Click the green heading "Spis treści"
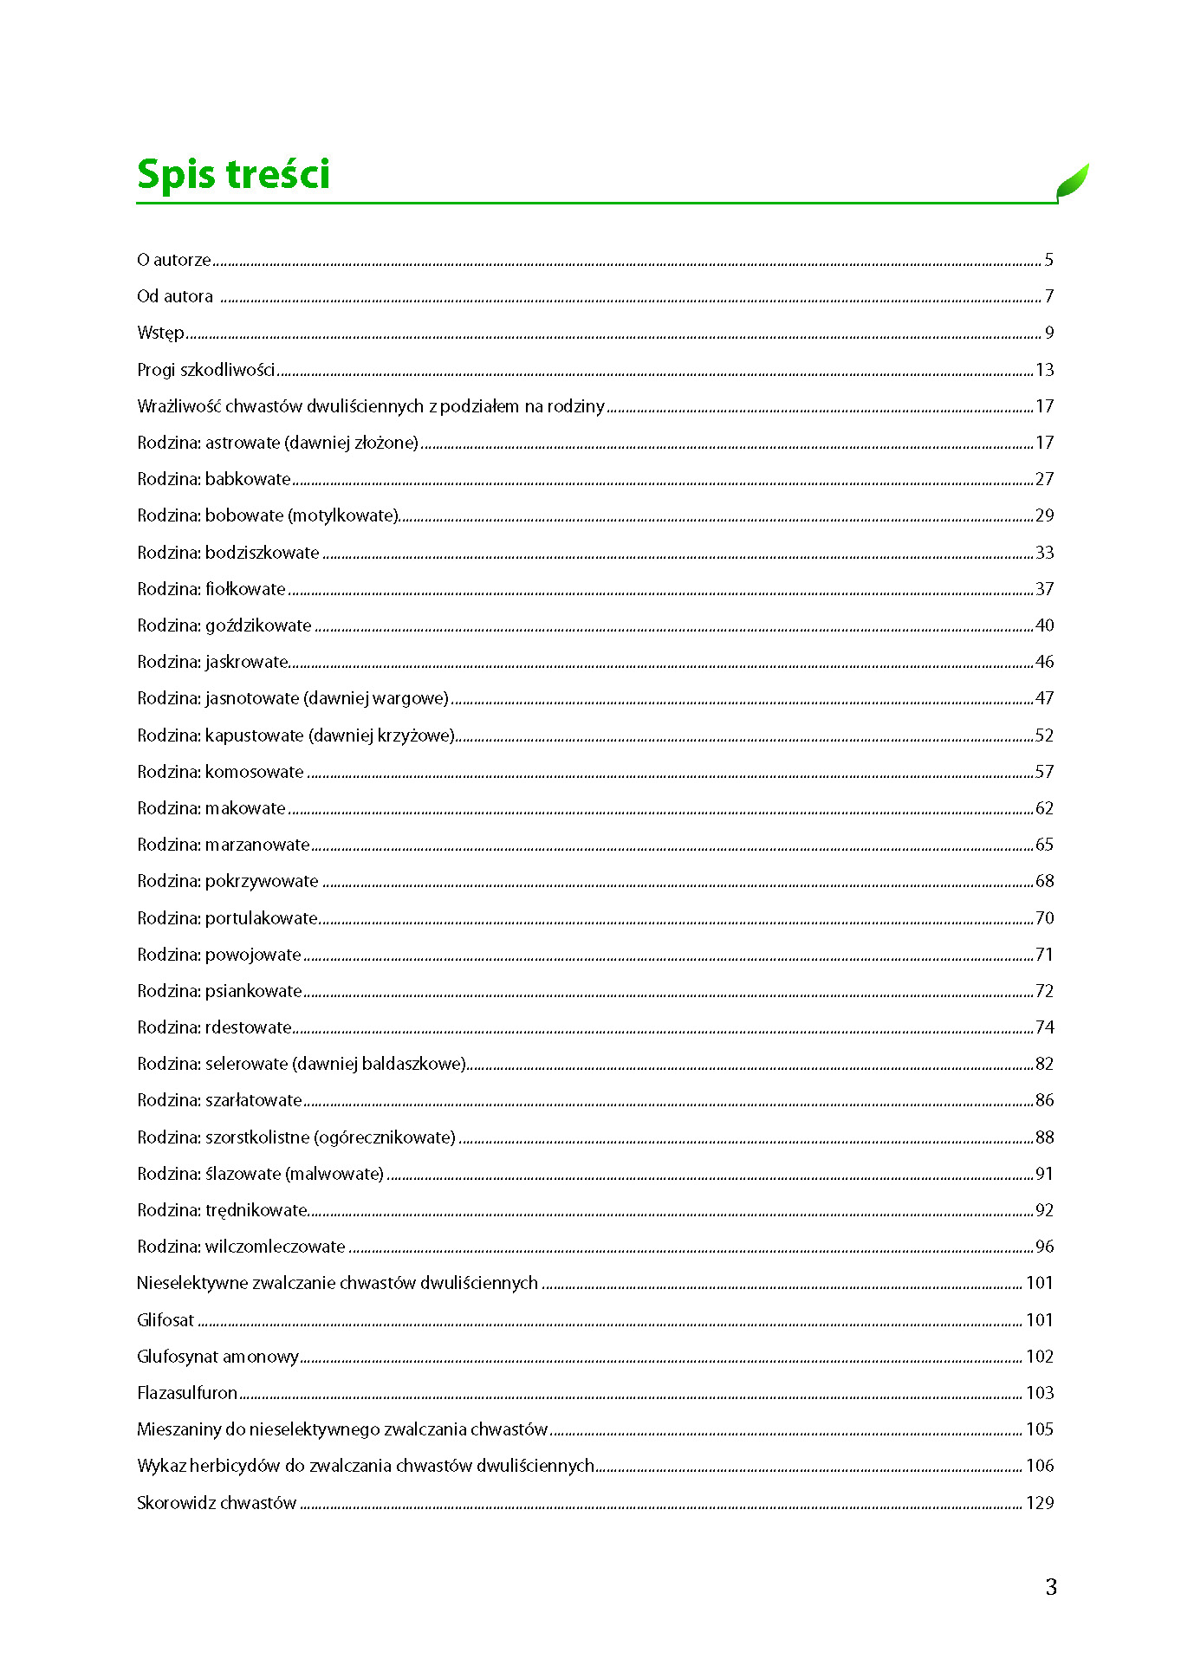tap(233, 174)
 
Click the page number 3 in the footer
tap(1051, 1587)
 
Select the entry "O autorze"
tap(174, 260)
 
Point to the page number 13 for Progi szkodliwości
tap(1045, 370)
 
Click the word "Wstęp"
tap(160, 334)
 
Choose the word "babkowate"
tap(248, 479)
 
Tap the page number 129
tap(1040, 1503)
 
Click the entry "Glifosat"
tap(165, 1320)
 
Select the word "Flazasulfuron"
tap(187, 1393)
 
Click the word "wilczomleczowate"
tap(276, 1247)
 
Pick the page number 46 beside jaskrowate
tap(1045, 662)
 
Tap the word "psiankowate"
tap(254, 991)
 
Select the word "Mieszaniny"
tap(179, 1429)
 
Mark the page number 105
tap(1040, 1429)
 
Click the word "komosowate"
tap(255, 772)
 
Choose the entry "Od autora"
tap(175, 296)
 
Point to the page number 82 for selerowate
tap(1045, 1064)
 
